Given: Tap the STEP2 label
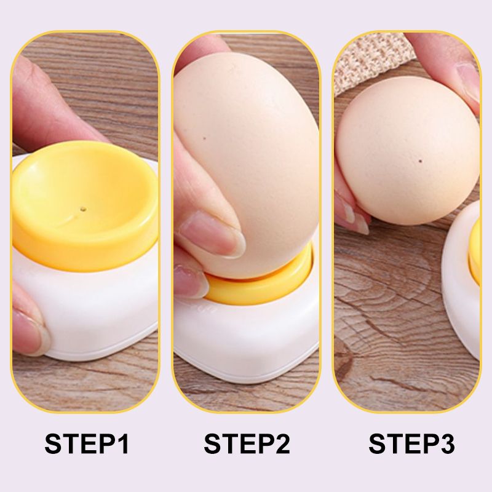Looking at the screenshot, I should point(247,444).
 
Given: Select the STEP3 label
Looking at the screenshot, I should point(411,444).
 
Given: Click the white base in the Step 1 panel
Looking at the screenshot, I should point(92,307).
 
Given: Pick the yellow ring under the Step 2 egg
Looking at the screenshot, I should point(258,289).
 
